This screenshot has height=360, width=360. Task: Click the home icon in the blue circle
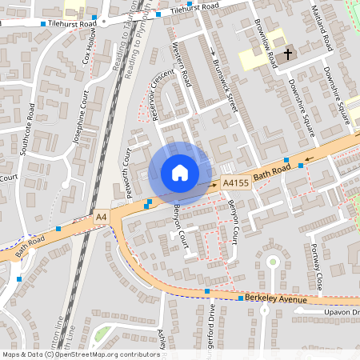tap(180, 173)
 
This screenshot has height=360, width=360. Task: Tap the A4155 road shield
tap(235, 183)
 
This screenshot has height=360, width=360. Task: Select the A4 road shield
tap(101, 217)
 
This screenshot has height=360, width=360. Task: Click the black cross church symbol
tap(287, 53)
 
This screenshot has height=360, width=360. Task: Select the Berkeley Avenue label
tap(277, 298)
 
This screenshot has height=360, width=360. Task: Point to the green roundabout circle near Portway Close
tap(273, 262)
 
